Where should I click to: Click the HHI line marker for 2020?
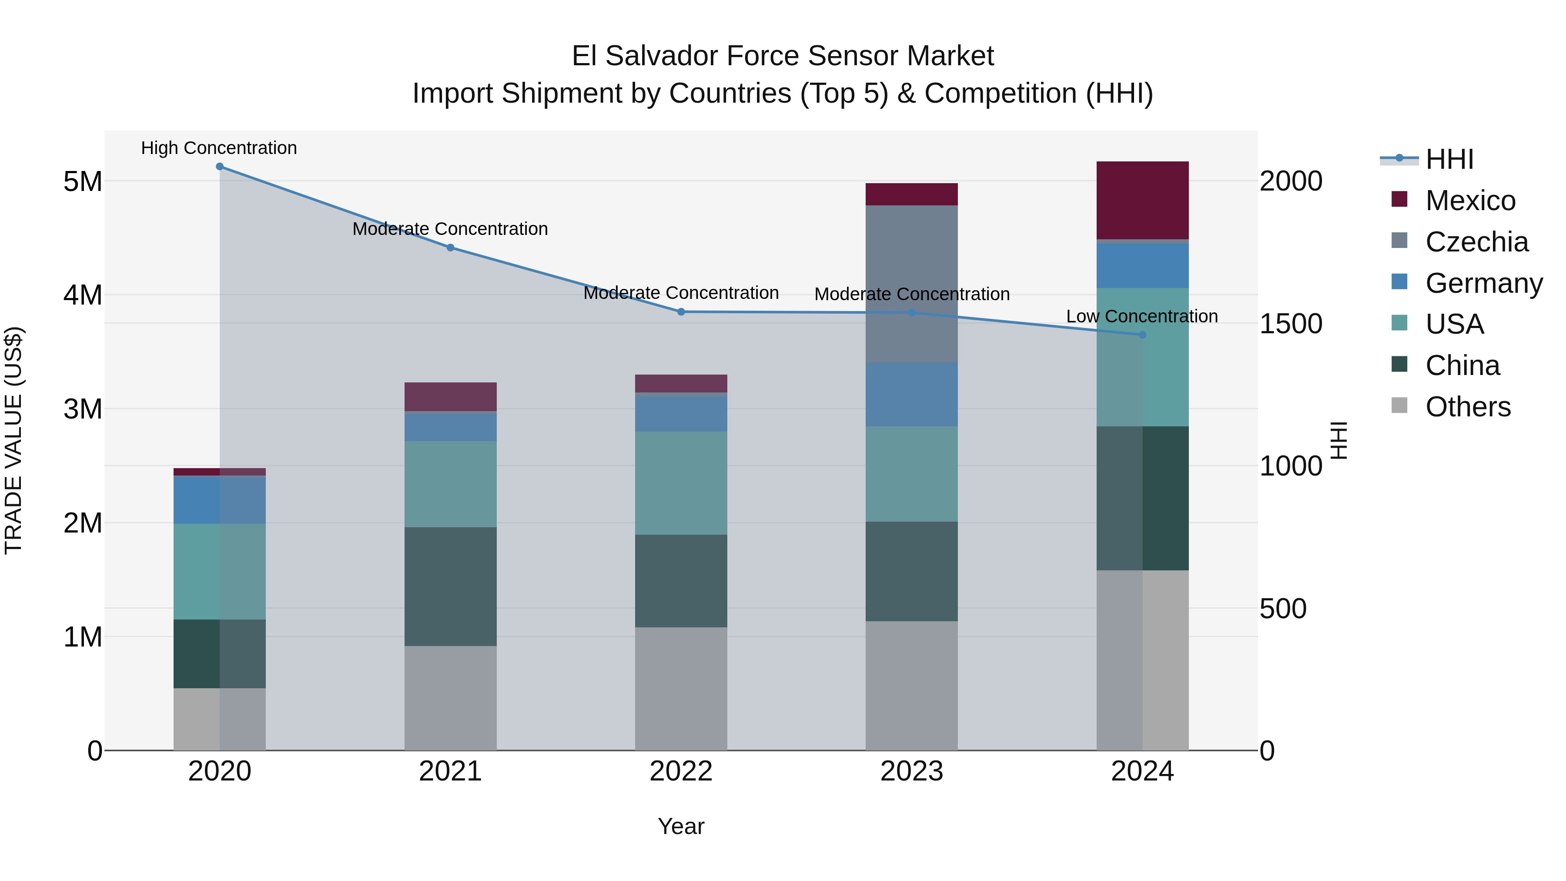pyautogui.click(x=220, y=167)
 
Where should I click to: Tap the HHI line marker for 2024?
pyautogui.click(x=1142, y=335)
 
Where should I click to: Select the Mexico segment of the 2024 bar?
pyautogui.click(x=1142, y=201)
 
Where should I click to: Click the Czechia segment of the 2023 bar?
pyautogui.click(x=911, y=284)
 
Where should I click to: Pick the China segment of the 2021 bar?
pyautogui.click(x=451, y=587)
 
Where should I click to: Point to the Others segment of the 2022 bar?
pyautogui.click(x=681, y=689)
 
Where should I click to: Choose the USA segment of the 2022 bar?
pyautogui.click(x=681, y=483)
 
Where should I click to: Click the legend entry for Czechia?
pyautogui.click(x=1476, y=242)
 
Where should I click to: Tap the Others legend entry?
pyautogui.click(x=1468, y=407)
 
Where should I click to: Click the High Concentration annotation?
pyautogui.click(x=219, y=148)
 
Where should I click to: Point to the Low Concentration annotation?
pyautogui.click(x=1142, y=316)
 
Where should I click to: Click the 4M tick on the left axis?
pyautogui.click(x=83, y=295)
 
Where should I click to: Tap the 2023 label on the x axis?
pyautogui.click(x=911, y=771)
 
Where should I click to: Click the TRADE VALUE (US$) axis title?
pyautogui.click(x=13, y=440)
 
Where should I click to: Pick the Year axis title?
pyautogui.click(x=681, y=826)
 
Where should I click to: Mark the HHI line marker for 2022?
pyautogui.click(x=681, y=312)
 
